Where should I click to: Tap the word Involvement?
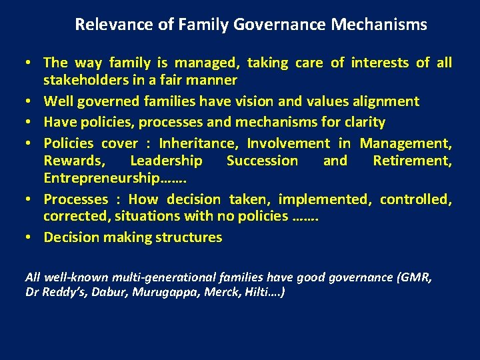pyautogui.click(x=288, y=143)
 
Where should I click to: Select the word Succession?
pyautogui.click(x=262, y=160)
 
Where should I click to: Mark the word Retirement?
pyautogui.click(x=411, y=160)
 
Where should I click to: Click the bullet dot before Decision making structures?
pyautogui.click(x=31, y=238)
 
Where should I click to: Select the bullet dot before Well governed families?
pyautogui.click(x=31, y=102)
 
